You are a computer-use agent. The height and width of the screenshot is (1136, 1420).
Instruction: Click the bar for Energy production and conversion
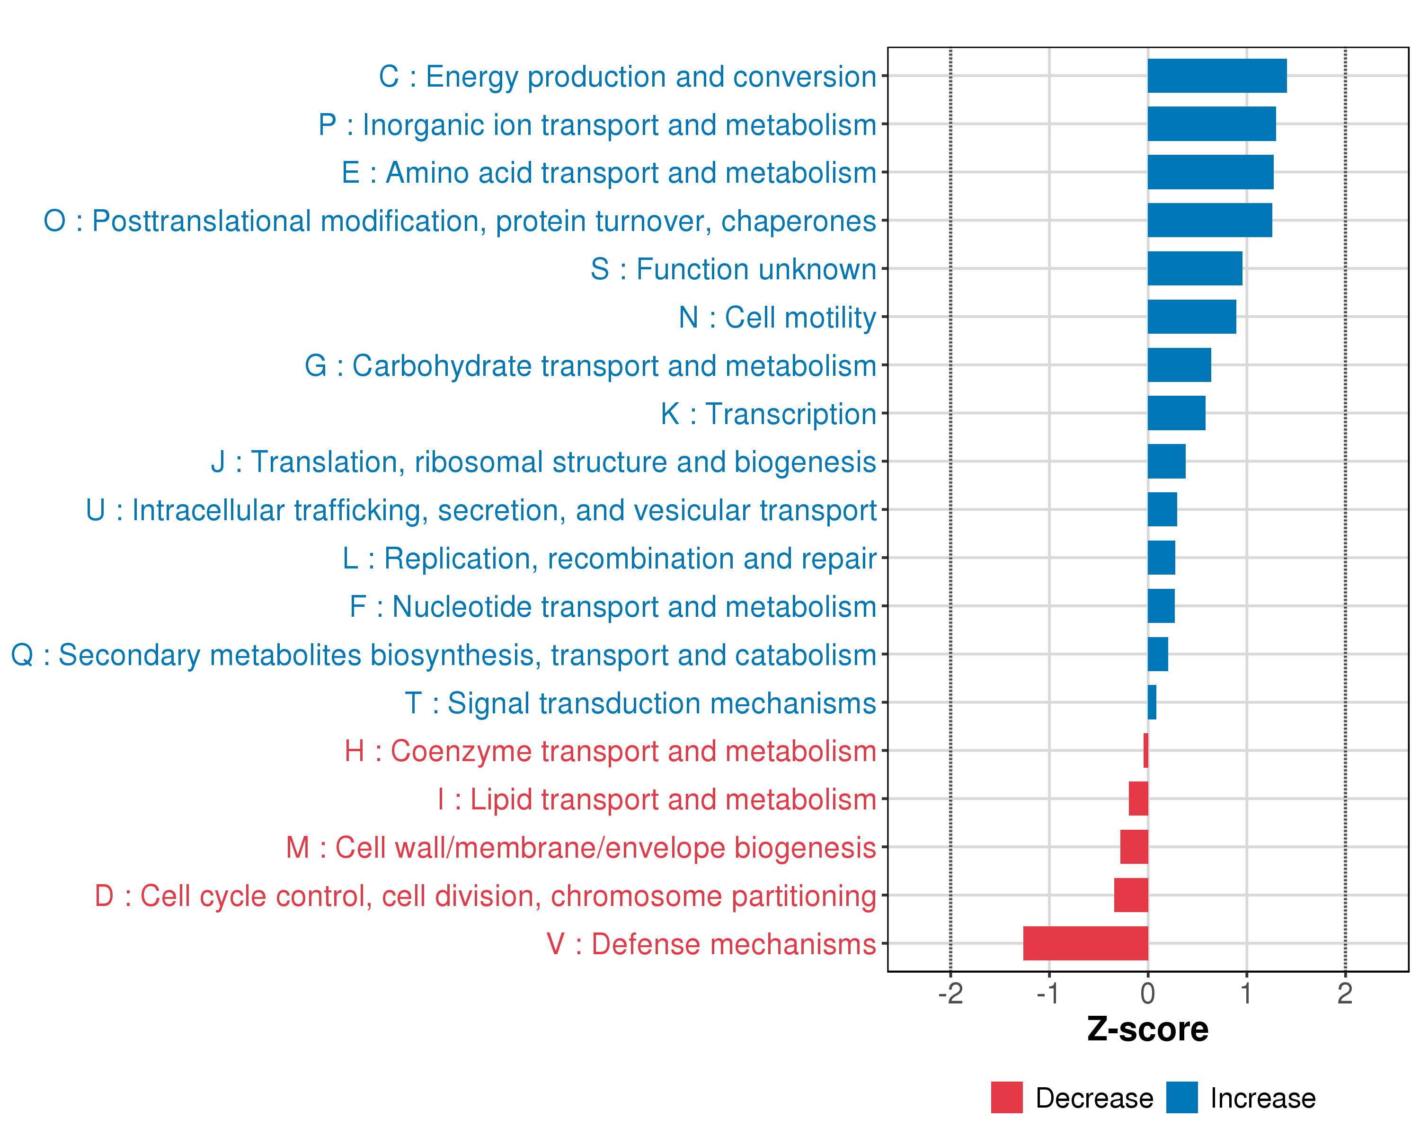click(1216, 76)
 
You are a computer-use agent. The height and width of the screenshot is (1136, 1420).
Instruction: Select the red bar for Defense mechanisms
click(1085, 943)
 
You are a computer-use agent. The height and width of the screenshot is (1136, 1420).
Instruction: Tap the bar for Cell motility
click(1191, 317)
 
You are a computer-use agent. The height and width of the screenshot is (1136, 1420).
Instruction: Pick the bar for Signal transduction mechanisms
click(1152, 702)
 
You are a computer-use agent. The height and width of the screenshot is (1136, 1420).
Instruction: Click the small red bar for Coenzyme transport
click(1146, 750)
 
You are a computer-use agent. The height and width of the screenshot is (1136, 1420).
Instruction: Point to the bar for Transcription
click(1176, 413)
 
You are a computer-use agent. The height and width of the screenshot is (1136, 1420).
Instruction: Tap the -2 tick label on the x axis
click(950, 993)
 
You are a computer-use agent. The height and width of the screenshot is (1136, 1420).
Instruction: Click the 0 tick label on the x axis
click(1148, 993)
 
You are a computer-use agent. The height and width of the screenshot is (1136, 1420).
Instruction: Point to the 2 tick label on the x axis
click(1345, 993)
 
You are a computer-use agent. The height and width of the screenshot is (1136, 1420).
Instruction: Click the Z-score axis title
click(1148, 1029)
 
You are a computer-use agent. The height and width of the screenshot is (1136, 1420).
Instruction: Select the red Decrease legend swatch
click(1006, 1098)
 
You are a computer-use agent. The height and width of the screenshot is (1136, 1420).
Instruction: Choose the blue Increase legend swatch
click(1181, 1098)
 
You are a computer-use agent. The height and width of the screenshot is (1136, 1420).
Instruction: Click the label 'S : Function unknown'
click(733, 269)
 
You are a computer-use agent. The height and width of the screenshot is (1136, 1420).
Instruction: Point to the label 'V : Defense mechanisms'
click(711, 944)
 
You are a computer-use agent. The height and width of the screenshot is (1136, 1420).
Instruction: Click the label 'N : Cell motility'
click(777, 318)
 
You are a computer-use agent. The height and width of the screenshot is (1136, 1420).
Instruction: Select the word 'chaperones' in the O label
click(798, 221)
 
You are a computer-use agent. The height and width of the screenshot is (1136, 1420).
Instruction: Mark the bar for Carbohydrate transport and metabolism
click(1179, 365)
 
